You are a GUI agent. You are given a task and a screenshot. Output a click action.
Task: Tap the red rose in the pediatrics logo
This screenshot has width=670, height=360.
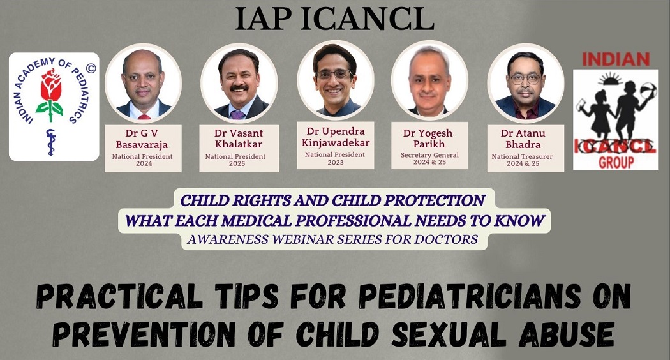[50, 86]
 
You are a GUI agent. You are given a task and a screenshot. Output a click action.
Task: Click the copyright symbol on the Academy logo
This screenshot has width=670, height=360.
[91, 68]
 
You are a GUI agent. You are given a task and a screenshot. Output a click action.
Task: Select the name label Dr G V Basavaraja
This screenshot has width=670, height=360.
[142, 139]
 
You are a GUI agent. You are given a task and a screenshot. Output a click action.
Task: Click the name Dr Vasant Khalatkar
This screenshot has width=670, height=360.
[239, 139]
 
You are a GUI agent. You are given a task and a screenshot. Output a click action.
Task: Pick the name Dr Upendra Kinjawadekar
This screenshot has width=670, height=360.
[336, 137]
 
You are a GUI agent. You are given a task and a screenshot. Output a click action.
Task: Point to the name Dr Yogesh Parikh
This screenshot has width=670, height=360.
[429, 139]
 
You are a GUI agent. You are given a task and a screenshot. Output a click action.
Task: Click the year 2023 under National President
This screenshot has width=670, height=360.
[336, 163]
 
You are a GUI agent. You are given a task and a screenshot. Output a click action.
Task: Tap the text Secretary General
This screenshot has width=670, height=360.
[429, 154]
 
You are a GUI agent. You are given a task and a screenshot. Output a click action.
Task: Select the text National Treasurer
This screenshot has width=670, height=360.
[522, 156]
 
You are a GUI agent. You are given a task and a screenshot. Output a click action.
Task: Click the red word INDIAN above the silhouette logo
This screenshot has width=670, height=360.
[616, 59]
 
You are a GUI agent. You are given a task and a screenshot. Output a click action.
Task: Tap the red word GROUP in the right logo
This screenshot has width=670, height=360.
[616, 163]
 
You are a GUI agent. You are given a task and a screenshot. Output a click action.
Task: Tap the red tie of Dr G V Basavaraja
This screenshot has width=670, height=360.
[144, 117]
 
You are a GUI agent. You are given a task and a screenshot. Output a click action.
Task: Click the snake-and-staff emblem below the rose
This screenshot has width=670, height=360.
[51, 142]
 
